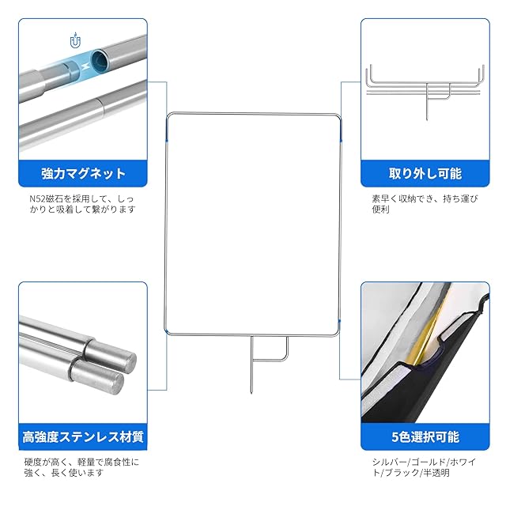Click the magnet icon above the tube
point(76,40)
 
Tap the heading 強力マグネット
point(83,174)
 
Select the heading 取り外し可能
point(425,174)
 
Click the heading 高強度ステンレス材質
point(83,437)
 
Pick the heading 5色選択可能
point(425,437)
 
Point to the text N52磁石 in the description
point(43,198)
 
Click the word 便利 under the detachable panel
point(381,210)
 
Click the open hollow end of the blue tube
point(99,60)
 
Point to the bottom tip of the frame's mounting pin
point(251,393)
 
